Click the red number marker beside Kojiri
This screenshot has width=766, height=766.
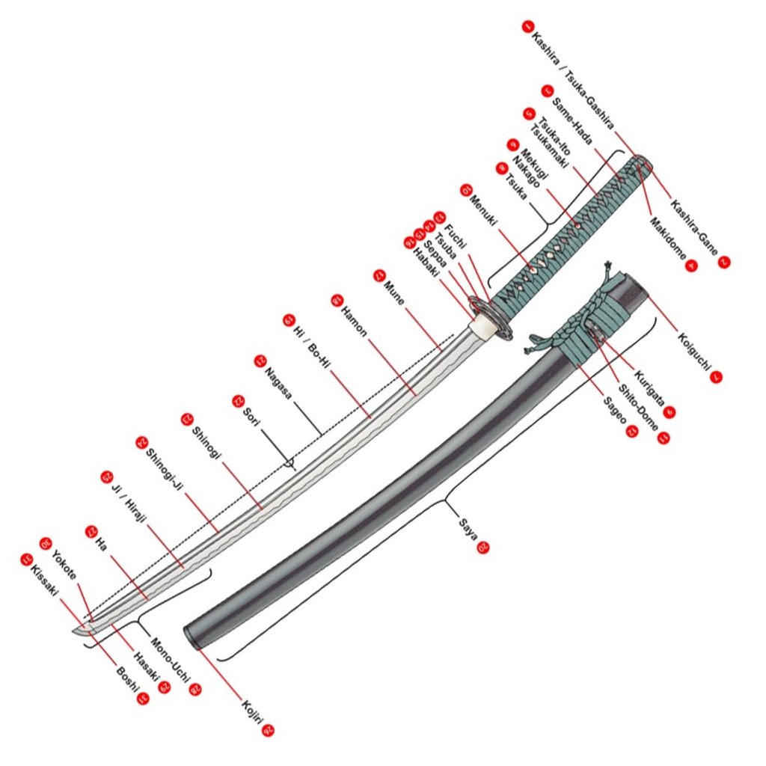click(269, 732)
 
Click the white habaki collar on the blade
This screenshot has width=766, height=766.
click(480, 327)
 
